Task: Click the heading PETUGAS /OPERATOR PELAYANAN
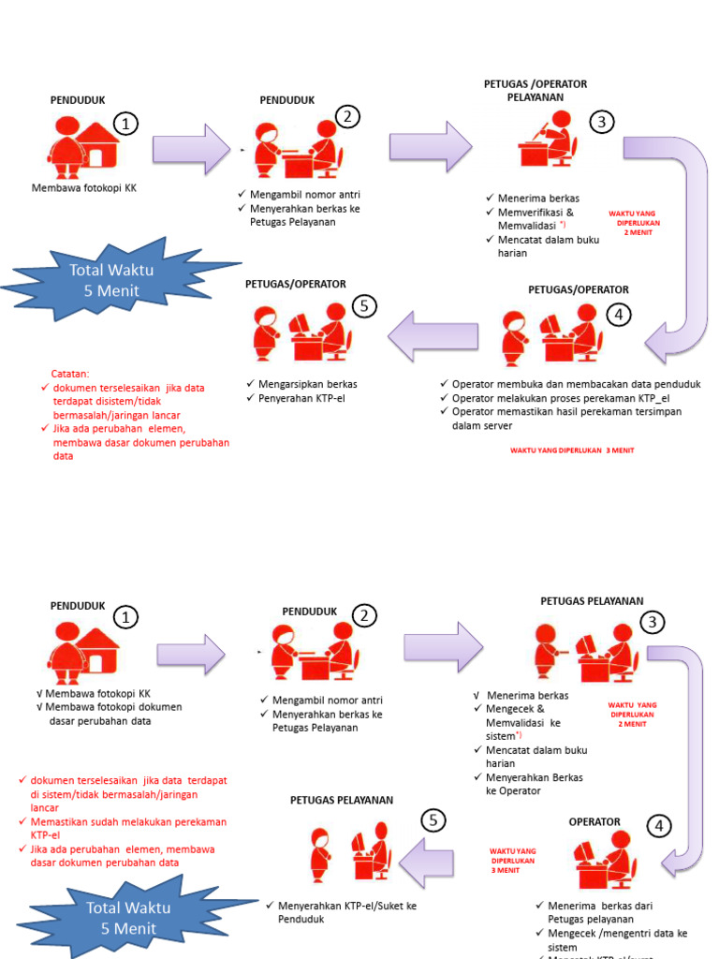point(535,90)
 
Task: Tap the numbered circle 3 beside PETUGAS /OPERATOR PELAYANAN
point(602,122)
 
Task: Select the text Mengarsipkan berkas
point(301,384)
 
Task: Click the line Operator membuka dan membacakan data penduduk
point(576,384)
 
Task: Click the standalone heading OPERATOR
point(594,821)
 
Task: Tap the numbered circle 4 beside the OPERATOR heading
point(660,826)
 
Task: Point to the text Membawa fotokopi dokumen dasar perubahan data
point(112,714)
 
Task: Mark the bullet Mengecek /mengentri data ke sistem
point(617,939)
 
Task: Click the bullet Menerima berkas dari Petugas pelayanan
point(599,912)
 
